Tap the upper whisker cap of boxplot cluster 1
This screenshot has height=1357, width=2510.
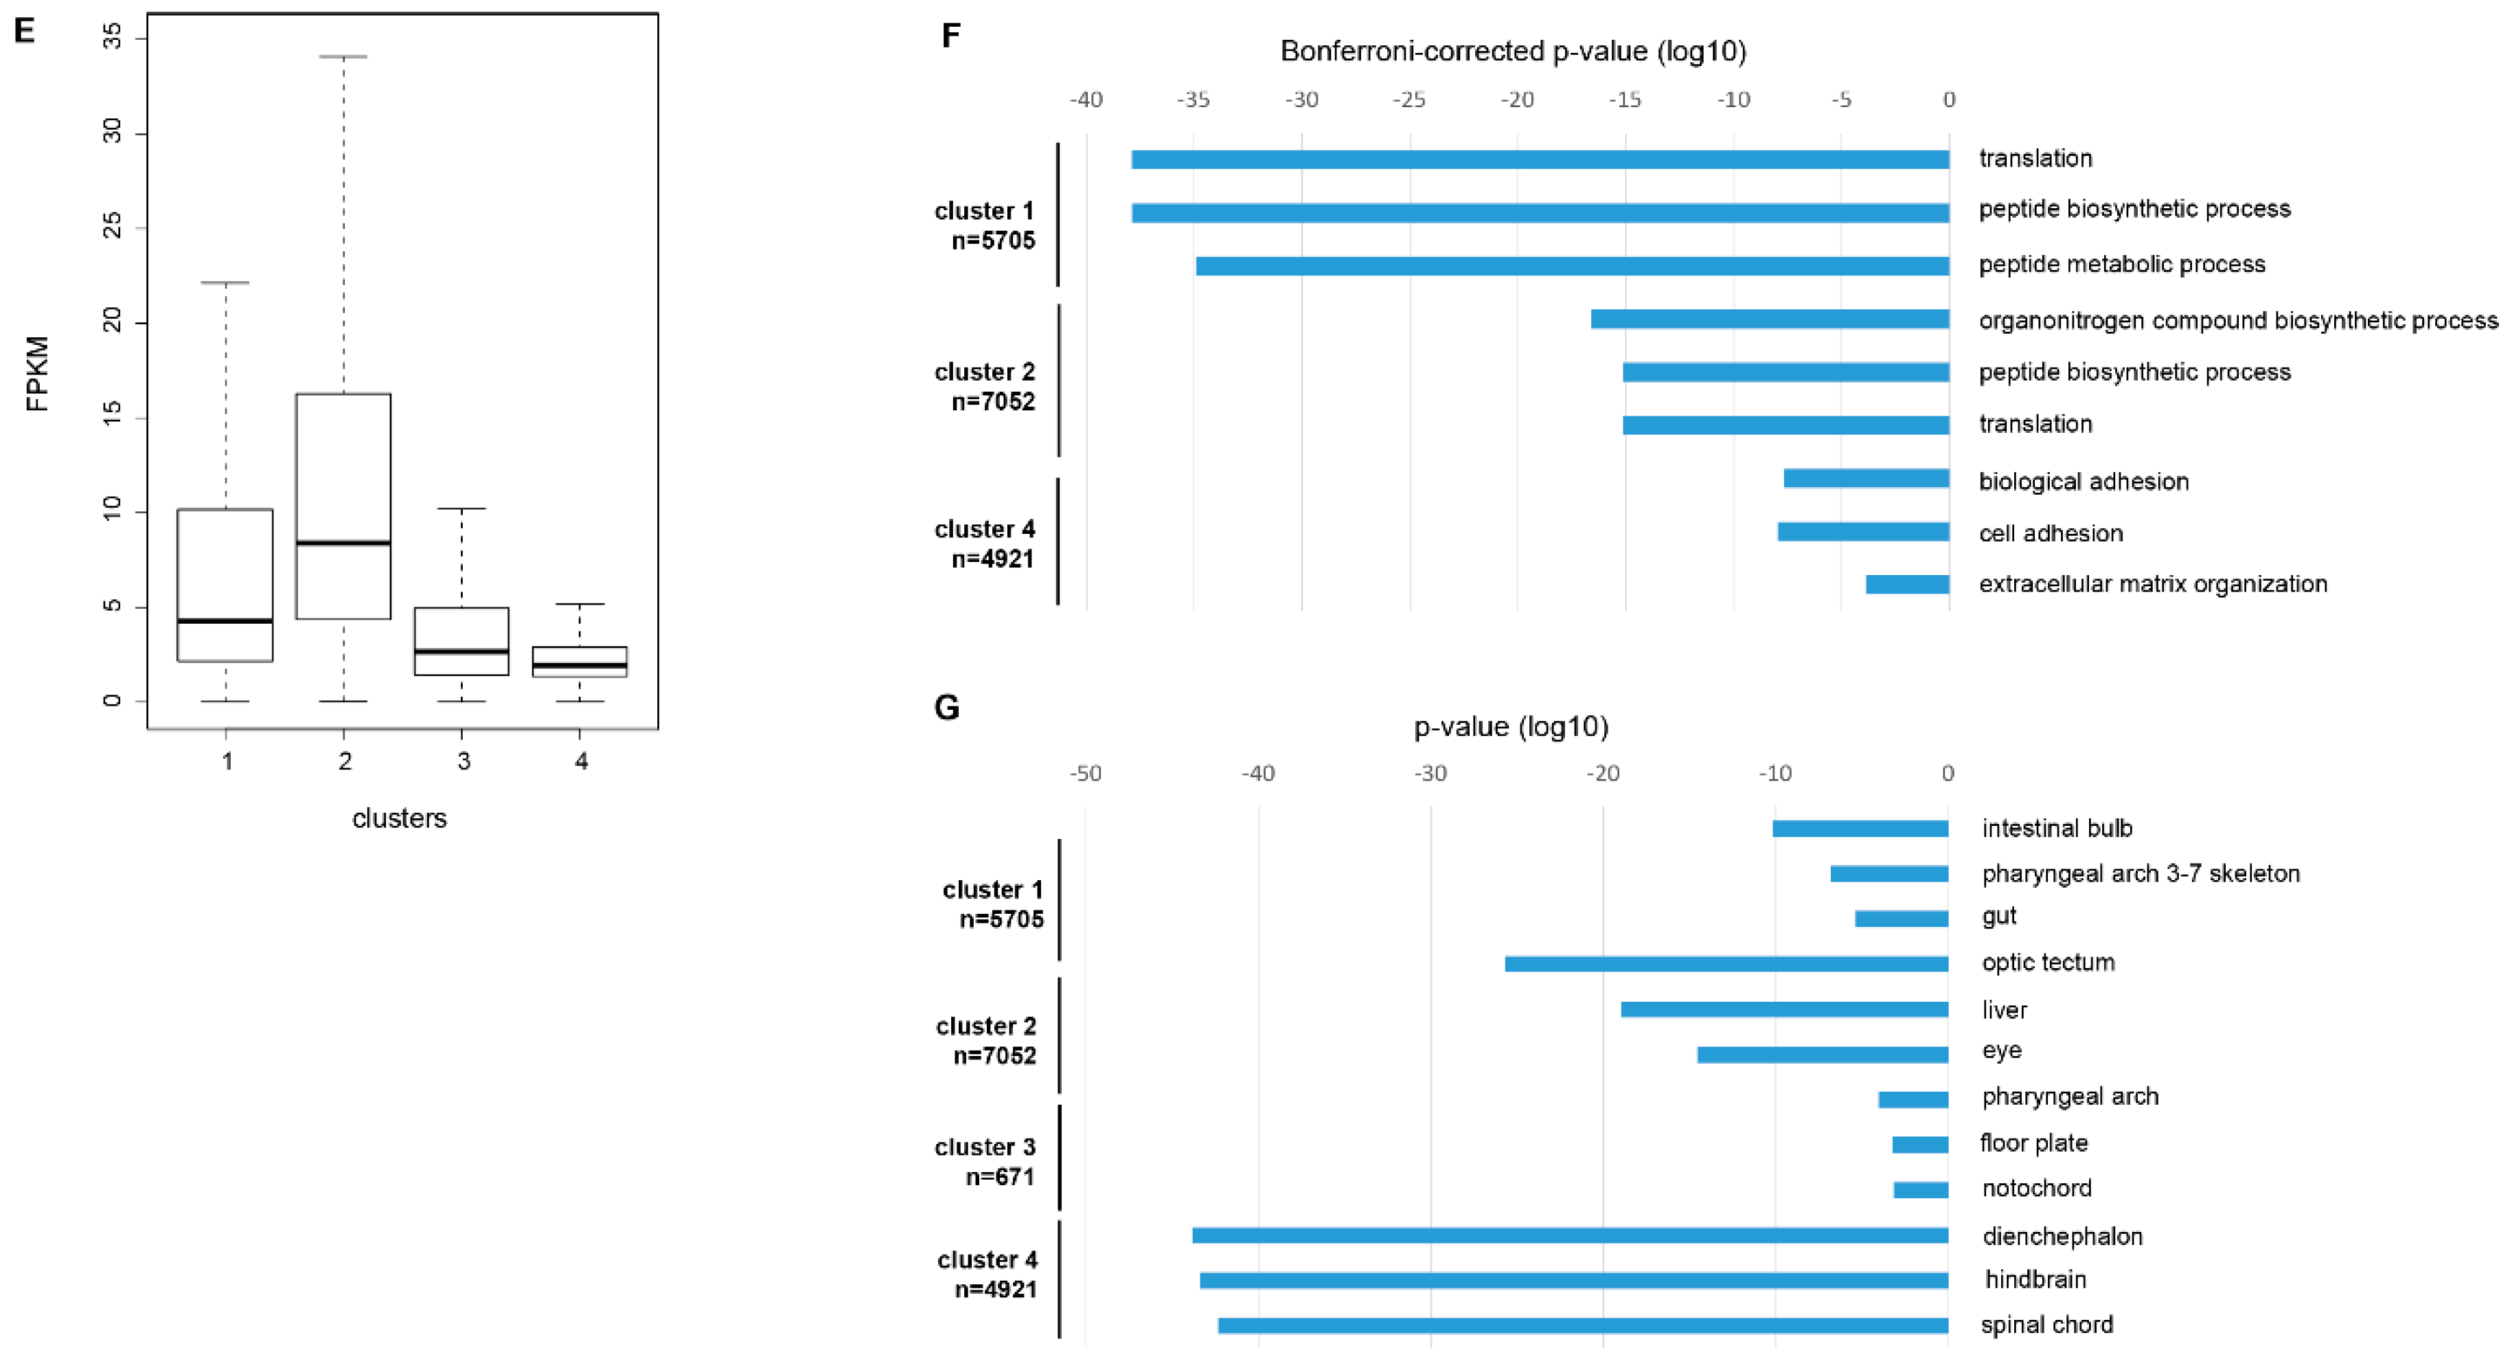[225, 282]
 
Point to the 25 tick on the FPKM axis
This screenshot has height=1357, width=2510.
[113, 226]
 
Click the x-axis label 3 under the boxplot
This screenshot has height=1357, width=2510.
[463, 761]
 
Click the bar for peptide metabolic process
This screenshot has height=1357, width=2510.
[1572, 265]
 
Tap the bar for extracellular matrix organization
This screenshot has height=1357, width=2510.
[1907, 584]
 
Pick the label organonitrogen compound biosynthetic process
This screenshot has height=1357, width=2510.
[2238, 321]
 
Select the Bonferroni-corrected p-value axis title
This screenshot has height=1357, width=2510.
[1512, 51]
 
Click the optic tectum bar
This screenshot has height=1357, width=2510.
[1726, 964]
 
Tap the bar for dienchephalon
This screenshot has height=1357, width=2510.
[1570, 1235]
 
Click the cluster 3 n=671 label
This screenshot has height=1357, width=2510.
[985, 1161]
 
